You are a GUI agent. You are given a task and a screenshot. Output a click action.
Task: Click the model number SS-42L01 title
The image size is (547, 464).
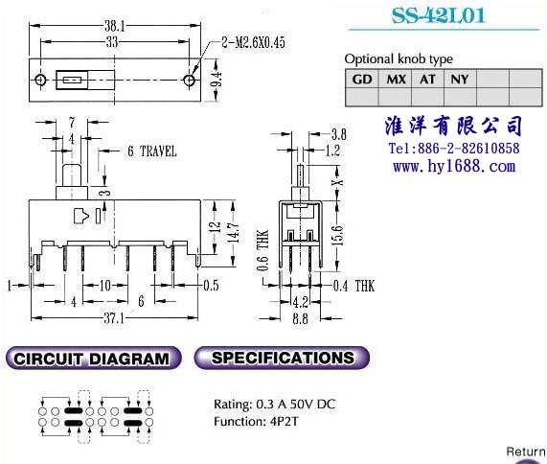[438, 15]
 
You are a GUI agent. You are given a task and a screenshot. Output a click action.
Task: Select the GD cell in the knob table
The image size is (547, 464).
[362, 79]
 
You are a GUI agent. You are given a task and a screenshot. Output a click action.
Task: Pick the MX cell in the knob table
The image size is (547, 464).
[396, 79]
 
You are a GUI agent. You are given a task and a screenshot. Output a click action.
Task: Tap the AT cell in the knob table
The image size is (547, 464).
[427, 79]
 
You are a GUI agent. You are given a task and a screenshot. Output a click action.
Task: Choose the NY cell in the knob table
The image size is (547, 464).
[460, 79]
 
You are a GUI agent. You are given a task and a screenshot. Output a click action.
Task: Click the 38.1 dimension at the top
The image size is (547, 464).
[115, 26]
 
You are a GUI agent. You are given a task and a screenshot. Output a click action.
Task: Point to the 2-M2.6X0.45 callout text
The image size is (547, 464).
[253, 42]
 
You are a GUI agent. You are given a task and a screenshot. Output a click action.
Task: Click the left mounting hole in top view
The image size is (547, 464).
[40, 80]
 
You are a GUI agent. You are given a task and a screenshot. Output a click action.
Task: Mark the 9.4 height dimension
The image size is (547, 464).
[217, 80]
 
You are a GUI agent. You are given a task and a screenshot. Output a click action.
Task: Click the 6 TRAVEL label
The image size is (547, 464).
[152, 151]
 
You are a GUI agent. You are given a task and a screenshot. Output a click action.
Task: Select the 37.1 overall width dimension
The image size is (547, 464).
[114, 318]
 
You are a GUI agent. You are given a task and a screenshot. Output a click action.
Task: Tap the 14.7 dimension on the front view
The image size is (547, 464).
[235, 232]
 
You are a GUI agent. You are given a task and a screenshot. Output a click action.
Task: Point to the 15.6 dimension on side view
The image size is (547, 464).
[338, 235]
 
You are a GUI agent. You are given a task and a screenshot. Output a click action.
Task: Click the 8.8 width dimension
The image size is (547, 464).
[300, 318]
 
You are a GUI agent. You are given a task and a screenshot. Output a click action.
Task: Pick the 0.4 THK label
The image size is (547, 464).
[353, 286]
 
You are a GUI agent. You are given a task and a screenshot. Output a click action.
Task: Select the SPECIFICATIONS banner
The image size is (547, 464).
[282, 358]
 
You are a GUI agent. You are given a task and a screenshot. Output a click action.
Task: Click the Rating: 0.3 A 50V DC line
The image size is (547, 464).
[275, 405]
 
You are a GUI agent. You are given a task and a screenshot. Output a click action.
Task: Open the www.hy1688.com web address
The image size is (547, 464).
[454, 166]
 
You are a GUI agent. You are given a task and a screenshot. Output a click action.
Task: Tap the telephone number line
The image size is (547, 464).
[454, 149]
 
